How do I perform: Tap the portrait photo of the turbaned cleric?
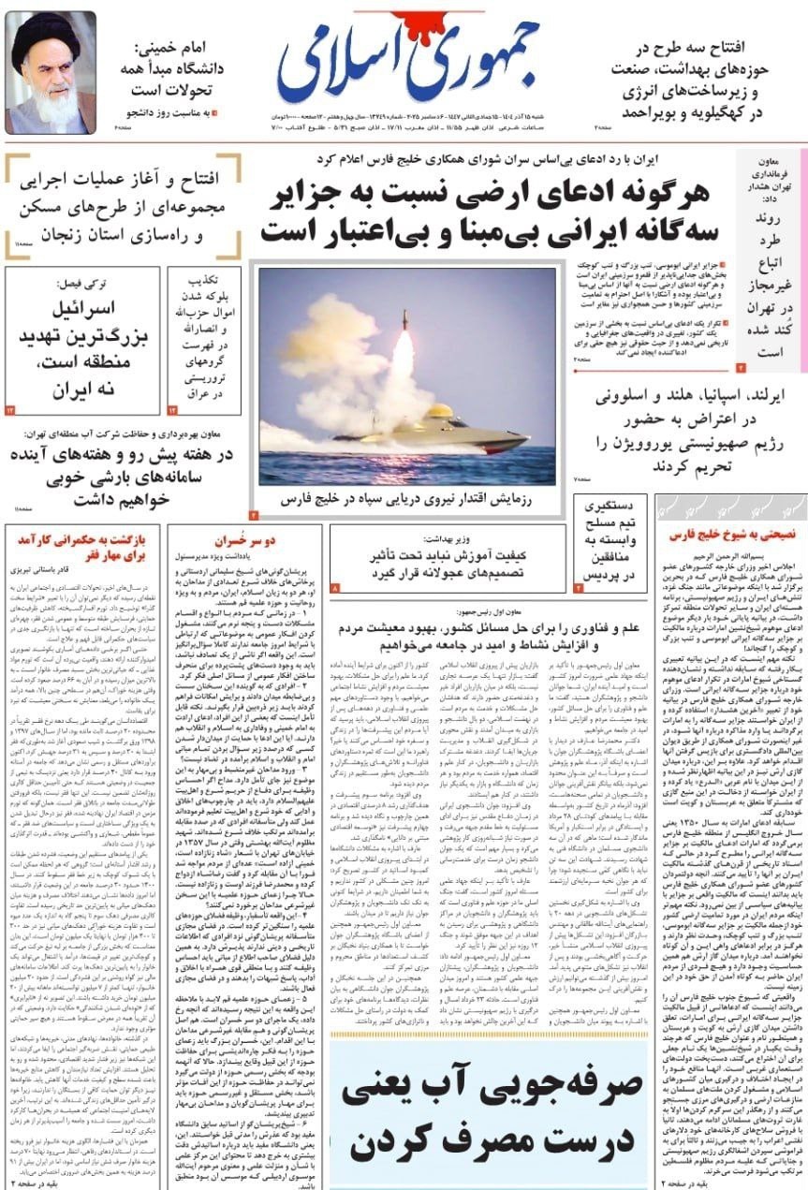click(x=51, y=72)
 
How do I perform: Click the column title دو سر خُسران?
click(x=242, y=540)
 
